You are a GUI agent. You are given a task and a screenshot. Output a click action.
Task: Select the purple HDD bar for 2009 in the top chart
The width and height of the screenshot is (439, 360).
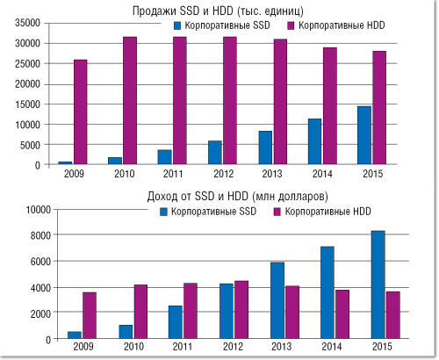click(80, 112)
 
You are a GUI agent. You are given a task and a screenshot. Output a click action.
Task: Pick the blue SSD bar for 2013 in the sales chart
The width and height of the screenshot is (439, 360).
click(265, 148)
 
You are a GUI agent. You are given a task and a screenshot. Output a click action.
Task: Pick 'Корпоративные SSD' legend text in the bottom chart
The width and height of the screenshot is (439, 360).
click(209, 212)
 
